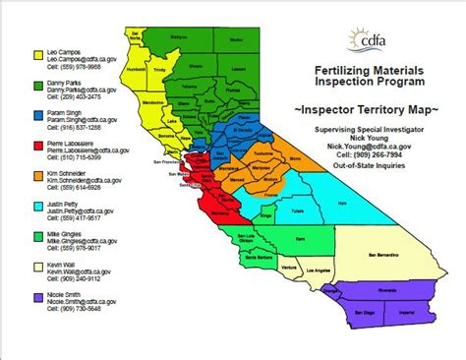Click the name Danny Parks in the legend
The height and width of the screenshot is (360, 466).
coord(62,81)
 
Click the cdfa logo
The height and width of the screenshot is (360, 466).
coord(365,41)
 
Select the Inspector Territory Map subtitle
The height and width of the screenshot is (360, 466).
coord(363,105)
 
